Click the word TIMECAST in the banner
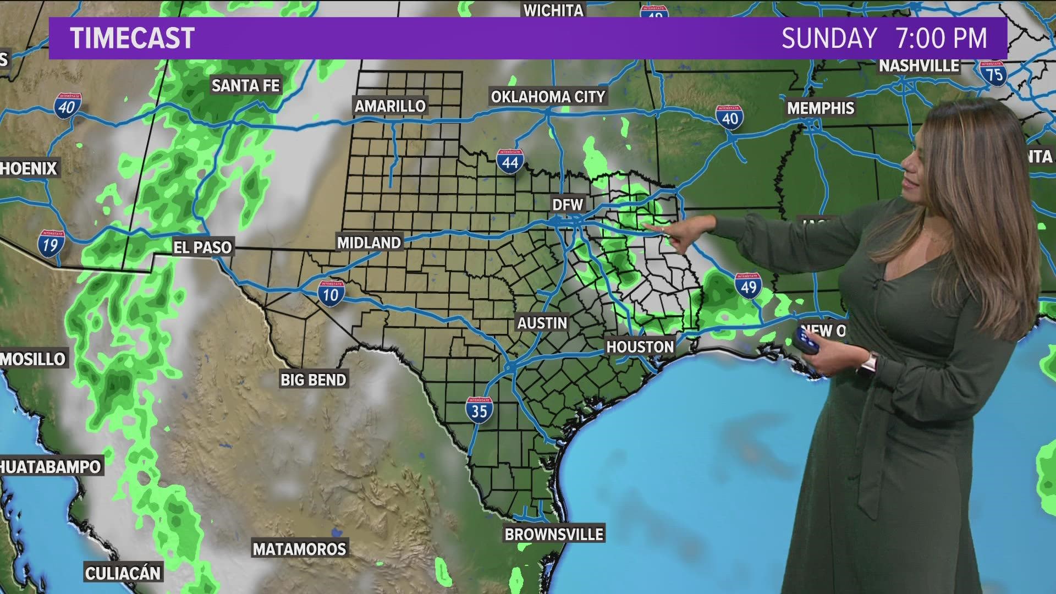(x=133, y=38)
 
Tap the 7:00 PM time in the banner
(x=941, y=38)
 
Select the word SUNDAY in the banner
(x=829, y=38)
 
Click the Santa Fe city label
(x=246, y=86)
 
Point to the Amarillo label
(x=390, y=106)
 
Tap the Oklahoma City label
(x=548, y=97)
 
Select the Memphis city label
(x=821, y=108)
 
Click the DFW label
(x=568, y=205)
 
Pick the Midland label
(x=369, y=243)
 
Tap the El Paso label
(x=202, y=248)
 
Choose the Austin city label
(x=542, y=323)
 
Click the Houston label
(x=640, y=347)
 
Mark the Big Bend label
(x=313, y=380)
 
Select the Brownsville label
(x=554, y=534)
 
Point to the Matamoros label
(x=300, y=549)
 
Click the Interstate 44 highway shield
(x=510, y=162)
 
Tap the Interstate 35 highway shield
(x=479, y=410)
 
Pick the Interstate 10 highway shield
(x=331, y=294)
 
